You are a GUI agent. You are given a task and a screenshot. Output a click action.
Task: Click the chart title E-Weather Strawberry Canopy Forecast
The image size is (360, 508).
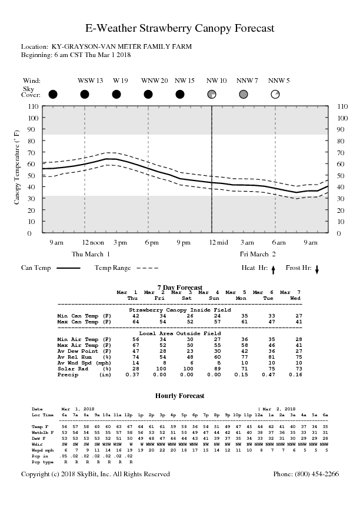(x=180, y=28)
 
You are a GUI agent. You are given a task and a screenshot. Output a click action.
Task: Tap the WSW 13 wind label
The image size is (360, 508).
(x=91, y=80)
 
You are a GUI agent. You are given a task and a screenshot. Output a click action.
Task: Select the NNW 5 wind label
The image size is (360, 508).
(x=279, y=80)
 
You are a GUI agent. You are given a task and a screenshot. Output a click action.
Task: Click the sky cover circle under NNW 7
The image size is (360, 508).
(x=244, y=94)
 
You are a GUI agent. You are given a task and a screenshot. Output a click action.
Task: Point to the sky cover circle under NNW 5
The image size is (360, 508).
(x=275, y=94)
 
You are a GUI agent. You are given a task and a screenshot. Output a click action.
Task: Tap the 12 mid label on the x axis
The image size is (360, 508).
(x=219, y=242)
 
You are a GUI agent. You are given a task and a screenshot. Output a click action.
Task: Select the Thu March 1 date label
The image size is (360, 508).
(x=91, y=254)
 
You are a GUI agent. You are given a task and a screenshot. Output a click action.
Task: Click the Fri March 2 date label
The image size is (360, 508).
(x=257, y=254)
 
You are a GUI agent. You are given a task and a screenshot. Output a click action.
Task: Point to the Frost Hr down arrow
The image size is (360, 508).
(x=317, y=269)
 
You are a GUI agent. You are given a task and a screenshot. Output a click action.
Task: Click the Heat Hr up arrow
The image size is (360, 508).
(x=274, y=269)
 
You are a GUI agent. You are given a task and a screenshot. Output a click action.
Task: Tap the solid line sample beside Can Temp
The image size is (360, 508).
(x=68, y=268)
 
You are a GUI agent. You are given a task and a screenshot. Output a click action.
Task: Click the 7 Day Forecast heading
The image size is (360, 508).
(x=179, y=287)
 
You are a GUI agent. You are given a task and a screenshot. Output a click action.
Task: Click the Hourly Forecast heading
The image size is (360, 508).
(x=179, y=396)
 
